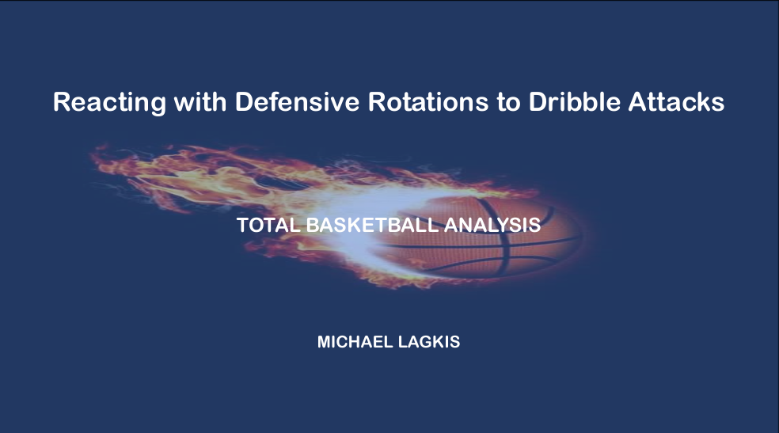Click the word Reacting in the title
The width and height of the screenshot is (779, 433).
(x=109, y=103)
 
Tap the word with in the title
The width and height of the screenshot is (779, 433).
(x=200, y=101)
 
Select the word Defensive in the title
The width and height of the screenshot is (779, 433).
(x=297, y=101)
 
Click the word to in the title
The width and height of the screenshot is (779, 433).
(x=508, y=102)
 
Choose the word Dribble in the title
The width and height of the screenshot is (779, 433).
(x=575, y=101)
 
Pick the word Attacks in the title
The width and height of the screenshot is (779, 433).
(x=676, y=101)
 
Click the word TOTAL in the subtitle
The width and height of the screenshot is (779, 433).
(x=268, y=225)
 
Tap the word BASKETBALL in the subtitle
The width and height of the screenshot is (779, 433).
(x=372, y=225)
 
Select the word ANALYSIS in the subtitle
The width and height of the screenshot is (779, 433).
(x=492, y=225)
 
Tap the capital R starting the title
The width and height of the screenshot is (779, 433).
(x=63, y=101)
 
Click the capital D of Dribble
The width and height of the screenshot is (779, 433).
(x=538, y=101)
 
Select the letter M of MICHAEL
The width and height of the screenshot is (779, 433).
(x=325, y=342)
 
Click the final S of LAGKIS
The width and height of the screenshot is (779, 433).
(x=454, y=342)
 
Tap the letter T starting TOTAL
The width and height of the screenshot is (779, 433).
(x=244, y=225)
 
